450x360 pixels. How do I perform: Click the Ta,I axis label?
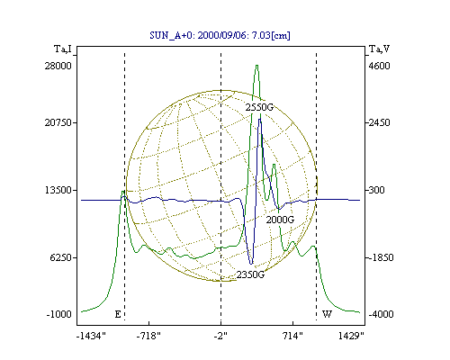63,49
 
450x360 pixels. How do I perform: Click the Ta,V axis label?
380,49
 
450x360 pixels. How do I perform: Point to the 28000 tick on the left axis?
58,66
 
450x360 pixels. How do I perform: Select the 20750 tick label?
58,122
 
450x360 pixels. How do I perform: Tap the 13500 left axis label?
58,190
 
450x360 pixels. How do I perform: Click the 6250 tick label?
60,257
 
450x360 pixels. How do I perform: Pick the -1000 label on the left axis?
59,314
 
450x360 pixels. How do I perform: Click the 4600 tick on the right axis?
379,66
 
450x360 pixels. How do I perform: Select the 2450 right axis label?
379,122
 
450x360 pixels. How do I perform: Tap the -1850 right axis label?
381,257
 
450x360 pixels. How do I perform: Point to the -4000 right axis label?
381,314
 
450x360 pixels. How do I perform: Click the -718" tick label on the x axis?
148,337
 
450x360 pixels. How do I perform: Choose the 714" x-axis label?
293,337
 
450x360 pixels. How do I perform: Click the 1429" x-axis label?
351,337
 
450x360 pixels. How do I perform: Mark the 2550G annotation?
259,107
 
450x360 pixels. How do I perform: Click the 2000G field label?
280,220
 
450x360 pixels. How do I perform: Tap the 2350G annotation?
250,274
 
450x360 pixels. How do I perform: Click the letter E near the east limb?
118,314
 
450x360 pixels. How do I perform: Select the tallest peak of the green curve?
256,66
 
